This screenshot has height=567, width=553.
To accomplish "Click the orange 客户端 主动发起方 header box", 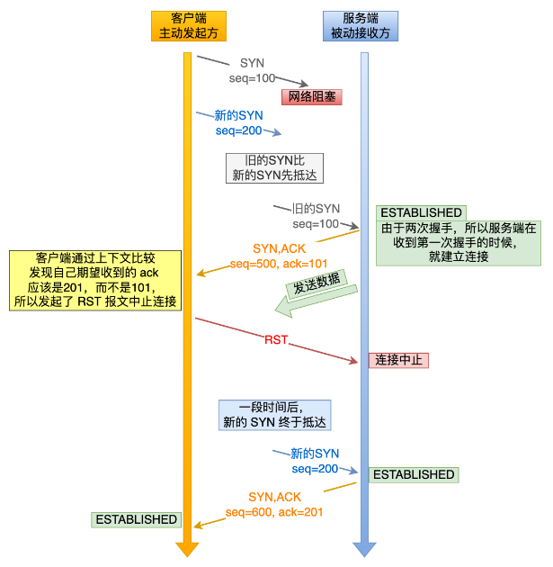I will tap(186, 26).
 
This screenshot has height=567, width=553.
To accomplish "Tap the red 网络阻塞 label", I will tap(312, 96).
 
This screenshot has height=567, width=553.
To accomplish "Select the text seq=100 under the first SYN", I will tap(252, 78).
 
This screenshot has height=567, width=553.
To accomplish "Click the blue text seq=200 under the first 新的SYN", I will tap(238, 130).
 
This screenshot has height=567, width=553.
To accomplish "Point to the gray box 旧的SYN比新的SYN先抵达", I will tap(275, 167).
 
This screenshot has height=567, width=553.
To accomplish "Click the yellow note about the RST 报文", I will tap(94, 281).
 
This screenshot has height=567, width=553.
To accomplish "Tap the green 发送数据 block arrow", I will tap(316, 296).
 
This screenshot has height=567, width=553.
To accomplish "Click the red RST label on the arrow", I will tap(276, 340).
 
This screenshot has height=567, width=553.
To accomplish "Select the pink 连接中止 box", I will tap(398, 360).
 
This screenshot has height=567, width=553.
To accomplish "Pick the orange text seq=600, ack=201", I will tap(275, 511).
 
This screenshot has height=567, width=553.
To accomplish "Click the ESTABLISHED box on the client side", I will tap(136, 519).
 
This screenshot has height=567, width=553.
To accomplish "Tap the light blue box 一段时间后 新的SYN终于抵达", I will tap(275, 415).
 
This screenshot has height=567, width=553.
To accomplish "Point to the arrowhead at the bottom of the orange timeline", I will tap(186, 549).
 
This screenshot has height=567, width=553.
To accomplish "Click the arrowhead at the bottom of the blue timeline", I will tap(364, 549).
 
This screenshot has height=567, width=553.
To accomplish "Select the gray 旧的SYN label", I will tap(315, 208).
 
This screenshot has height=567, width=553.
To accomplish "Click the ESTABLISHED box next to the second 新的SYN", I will tap(413, 474).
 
